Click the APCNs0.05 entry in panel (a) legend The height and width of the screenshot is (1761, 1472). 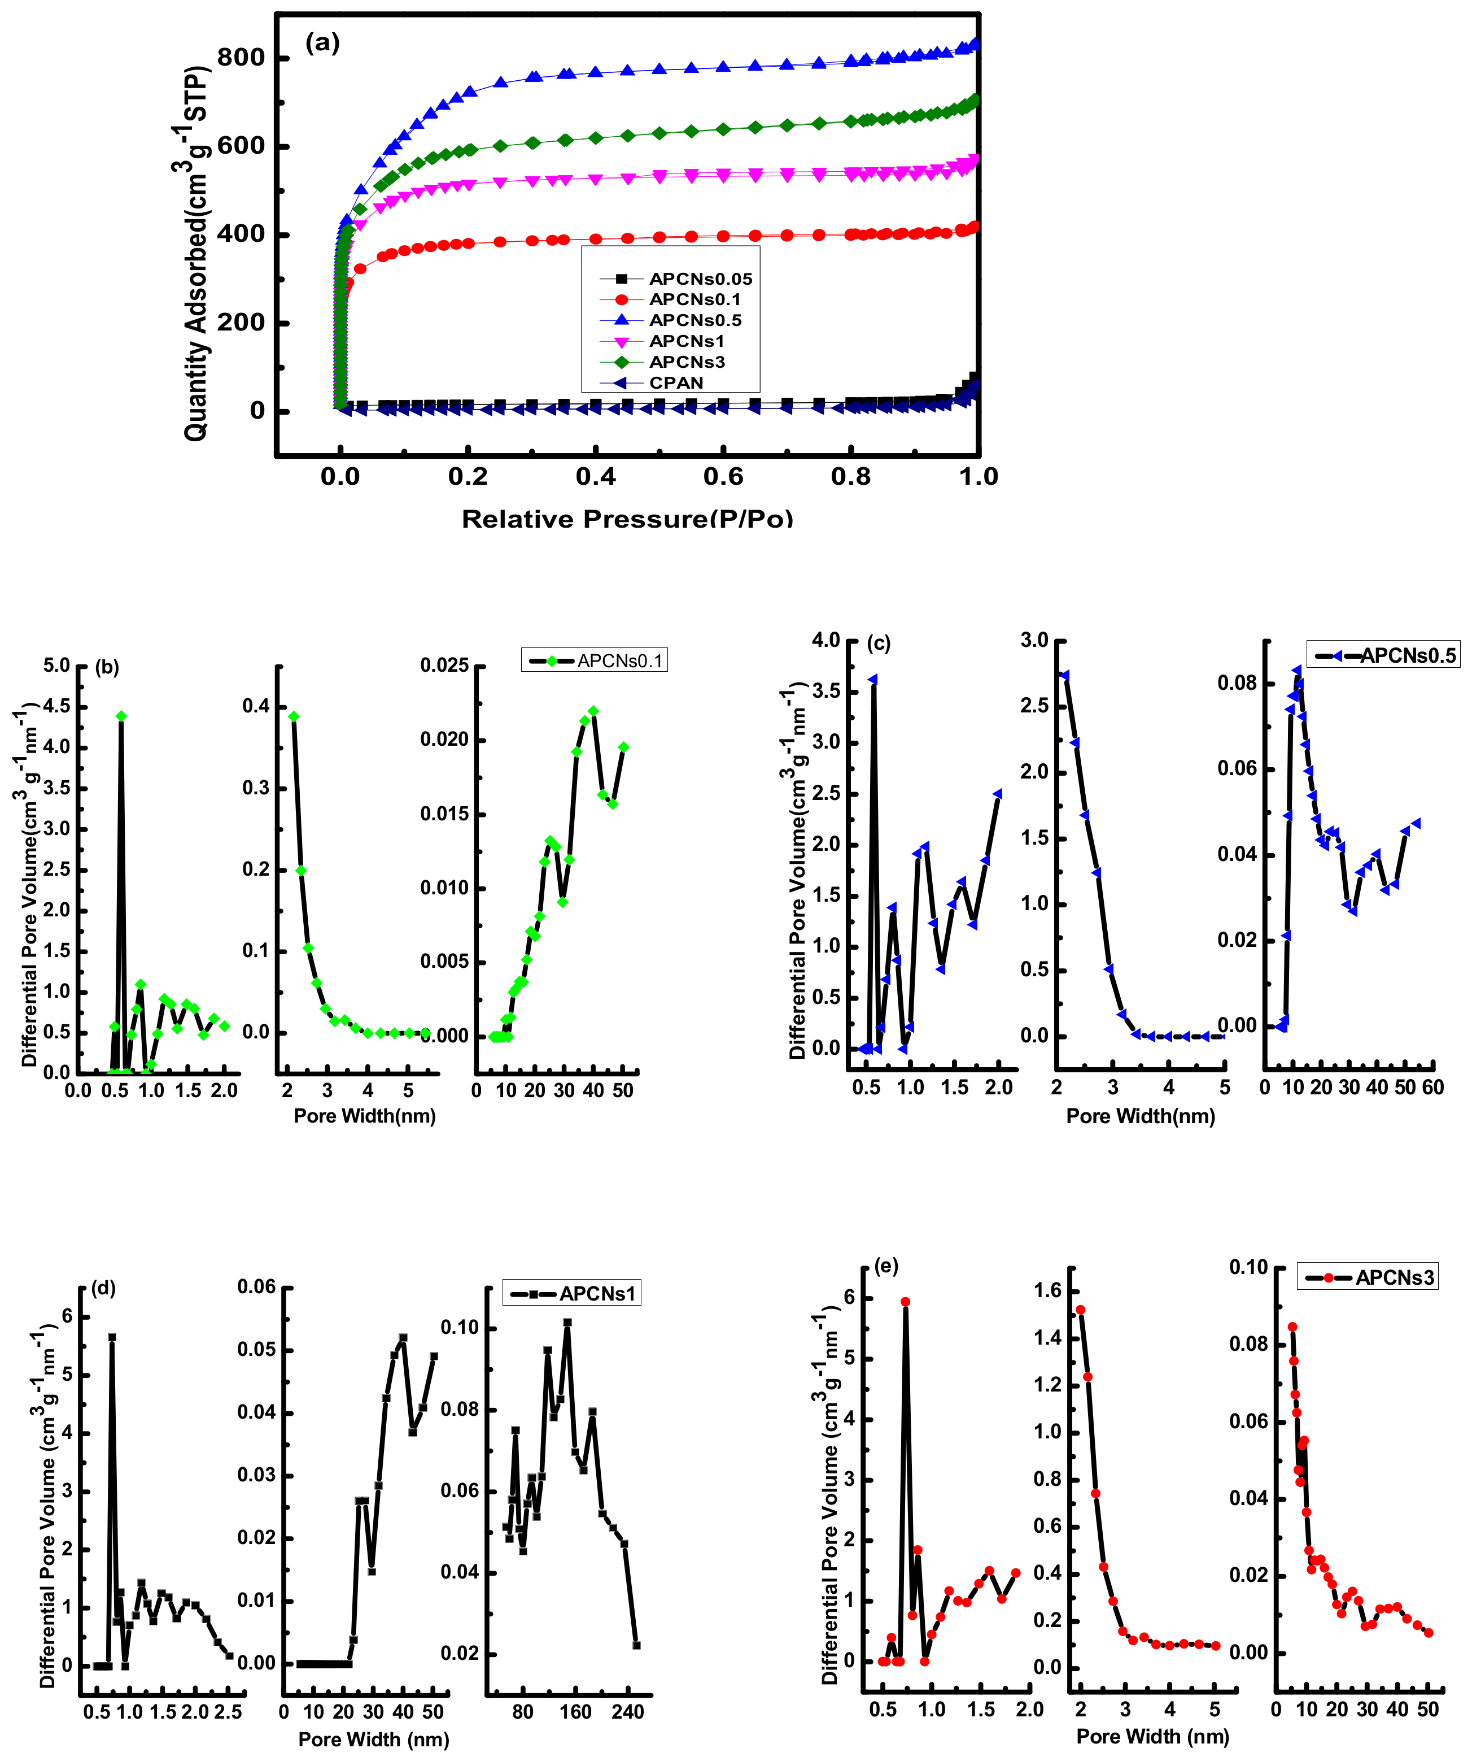(700, 279)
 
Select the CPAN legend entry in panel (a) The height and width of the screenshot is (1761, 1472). (676, 383)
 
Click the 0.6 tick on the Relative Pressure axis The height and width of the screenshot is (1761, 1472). (723, 477)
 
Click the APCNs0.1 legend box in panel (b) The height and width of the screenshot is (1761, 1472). (595, 661)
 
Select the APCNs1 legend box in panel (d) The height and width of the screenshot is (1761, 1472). (572, 1293)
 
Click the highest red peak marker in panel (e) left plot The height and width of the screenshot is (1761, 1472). (905, 1302)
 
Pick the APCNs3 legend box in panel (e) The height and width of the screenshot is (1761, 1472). (1368, 1278)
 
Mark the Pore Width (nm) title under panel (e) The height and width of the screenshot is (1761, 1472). (1152, 1736)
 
